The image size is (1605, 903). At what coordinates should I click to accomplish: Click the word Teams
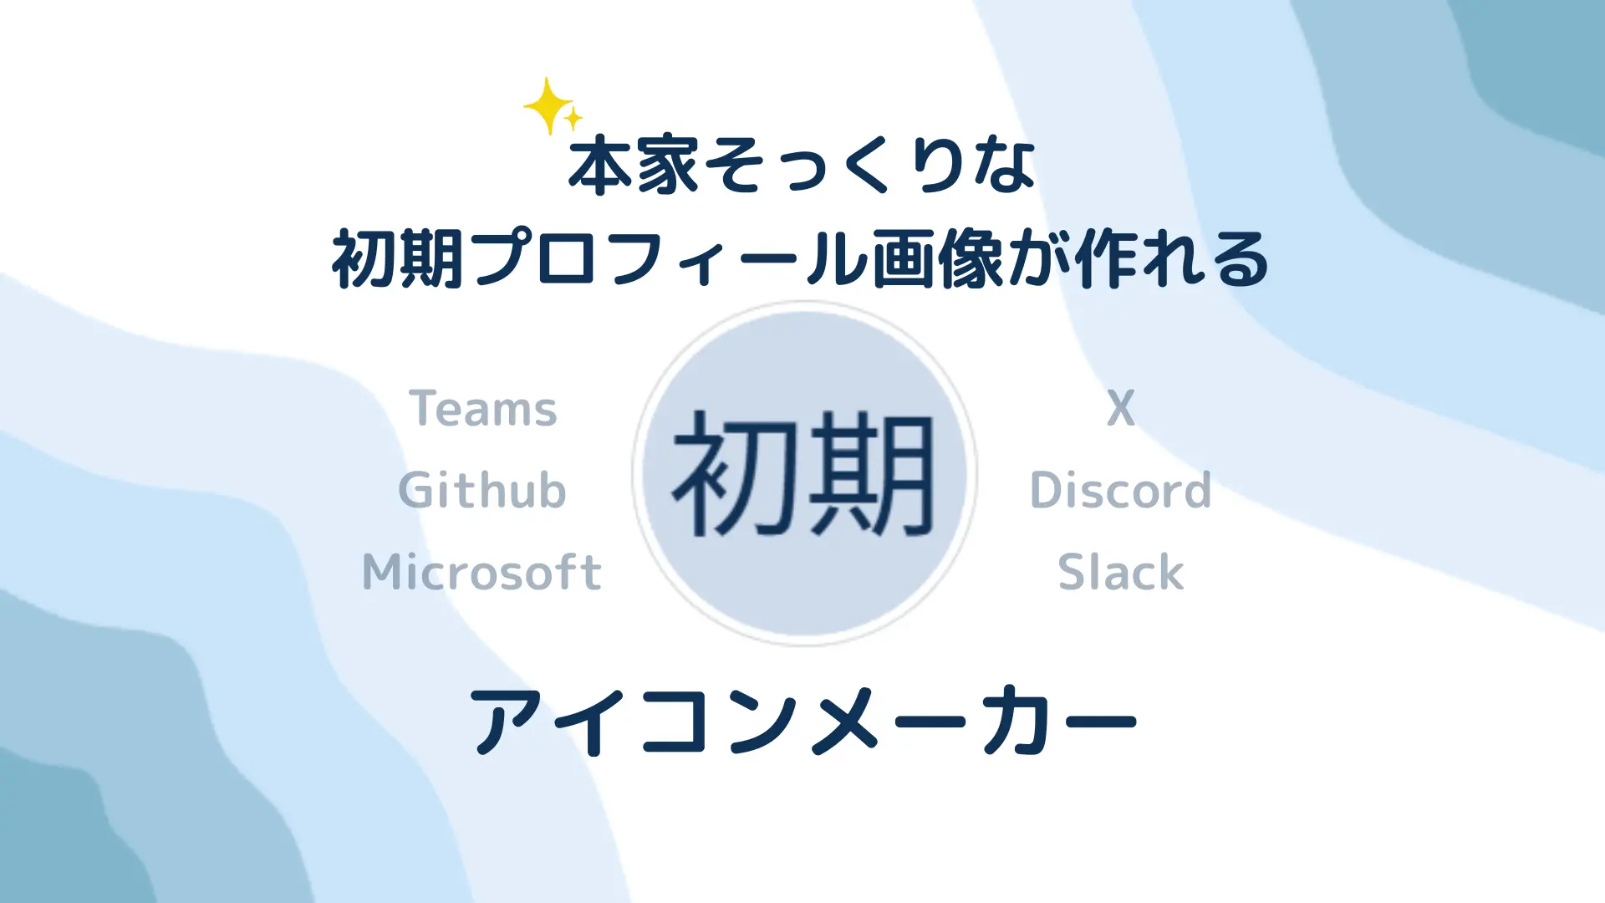[x=482, y=408]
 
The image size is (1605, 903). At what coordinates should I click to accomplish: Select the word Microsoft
[x=481, y=572]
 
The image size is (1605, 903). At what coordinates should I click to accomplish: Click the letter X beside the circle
[x=1121, y=408]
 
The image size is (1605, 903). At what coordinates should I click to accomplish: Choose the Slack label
[x=1120, y=572]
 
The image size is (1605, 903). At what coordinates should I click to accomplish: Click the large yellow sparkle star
[x=548, y=106]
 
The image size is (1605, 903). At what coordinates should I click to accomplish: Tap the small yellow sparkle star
[x=573, y=120]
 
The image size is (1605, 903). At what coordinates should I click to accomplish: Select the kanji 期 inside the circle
[x=869, y=474]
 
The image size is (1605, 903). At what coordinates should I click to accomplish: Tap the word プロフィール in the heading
[x=669, y=259]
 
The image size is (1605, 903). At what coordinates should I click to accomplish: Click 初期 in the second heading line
[x=398, y=259]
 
